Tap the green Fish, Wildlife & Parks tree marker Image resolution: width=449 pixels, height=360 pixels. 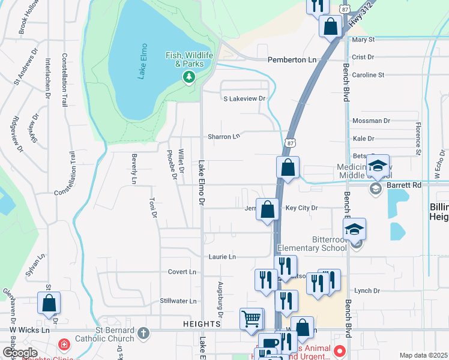(x=189, y=77)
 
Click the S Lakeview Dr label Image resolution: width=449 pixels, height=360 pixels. (x=244, y=98)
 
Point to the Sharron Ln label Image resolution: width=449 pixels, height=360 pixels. (x=224, y=137)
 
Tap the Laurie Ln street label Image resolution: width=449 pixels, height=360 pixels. (x=221, y=257)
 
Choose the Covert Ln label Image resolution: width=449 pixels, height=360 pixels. (x=182, y=272)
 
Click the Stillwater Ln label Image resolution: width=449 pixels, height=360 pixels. (x=178, y=301)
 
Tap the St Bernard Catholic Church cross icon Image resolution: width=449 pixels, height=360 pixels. (x=143, y=332)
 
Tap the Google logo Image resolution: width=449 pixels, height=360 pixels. (x=20, y=353)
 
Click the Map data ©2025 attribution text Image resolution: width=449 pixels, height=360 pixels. (x=423, y=355)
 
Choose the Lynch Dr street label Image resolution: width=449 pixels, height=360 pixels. (x=367, y=290)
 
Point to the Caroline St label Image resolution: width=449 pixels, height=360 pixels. (x=368, y=75)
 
